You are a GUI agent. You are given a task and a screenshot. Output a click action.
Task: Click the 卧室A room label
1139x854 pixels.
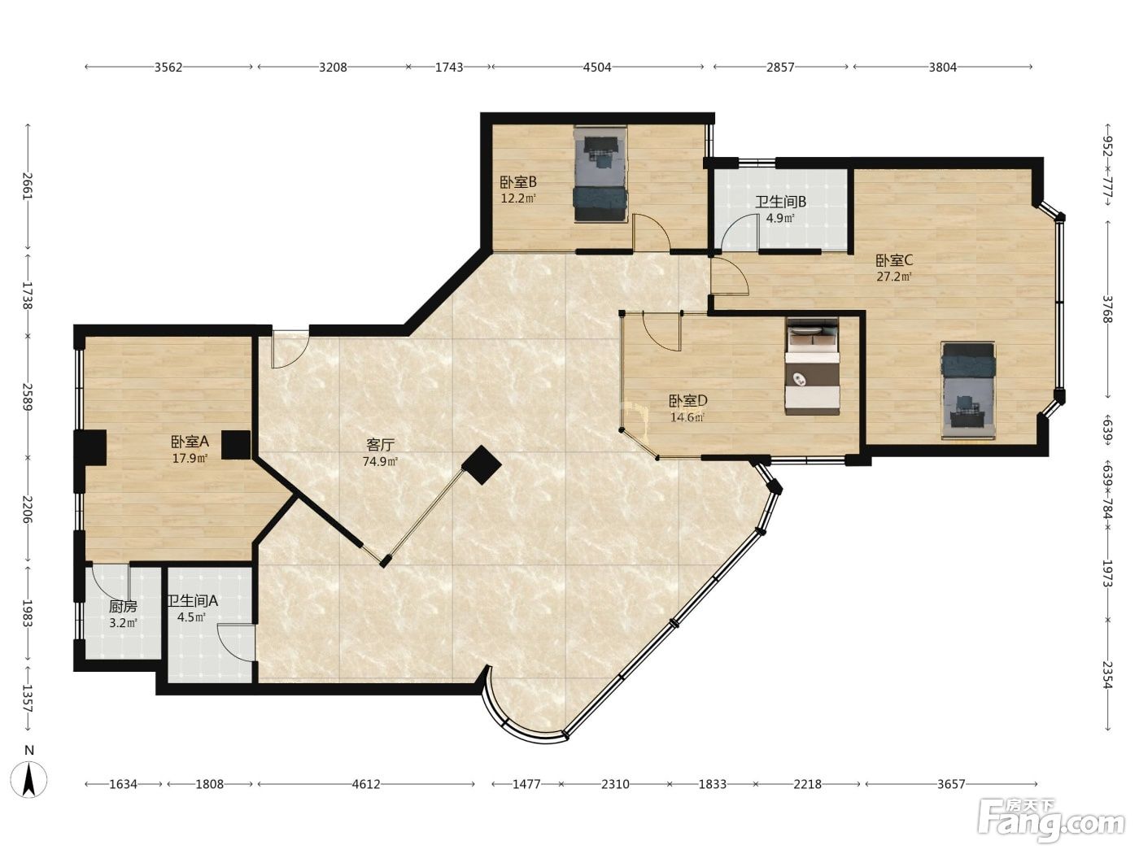[190, 442]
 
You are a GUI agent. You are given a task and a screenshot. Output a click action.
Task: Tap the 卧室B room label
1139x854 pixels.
[518, 182]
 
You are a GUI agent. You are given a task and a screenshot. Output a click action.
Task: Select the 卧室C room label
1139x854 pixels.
[894, 260]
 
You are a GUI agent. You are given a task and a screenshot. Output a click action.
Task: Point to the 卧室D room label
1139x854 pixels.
[687, 401]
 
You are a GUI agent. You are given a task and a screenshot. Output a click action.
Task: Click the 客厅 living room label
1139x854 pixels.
[381, 445]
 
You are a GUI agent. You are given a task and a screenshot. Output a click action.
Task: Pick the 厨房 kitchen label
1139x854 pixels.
[123, 606]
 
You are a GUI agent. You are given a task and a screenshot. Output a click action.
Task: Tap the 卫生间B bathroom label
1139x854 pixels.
[780, 202]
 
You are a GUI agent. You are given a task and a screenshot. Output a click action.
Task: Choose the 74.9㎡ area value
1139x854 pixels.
[381, 461]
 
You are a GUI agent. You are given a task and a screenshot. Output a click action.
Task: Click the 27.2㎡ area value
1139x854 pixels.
[894, 277]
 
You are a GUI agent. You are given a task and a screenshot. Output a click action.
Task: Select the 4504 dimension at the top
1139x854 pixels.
[597, 67]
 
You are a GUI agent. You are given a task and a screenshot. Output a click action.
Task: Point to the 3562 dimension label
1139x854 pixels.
[168, 67]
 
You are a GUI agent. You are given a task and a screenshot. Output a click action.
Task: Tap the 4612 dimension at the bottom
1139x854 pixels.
[366, 784]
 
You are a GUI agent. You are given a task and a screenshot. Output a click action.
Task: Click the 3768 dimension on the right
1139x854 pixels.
[1107, 309]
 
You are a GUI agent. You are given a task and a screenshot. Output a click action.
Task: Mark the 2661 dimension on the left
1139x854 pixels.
[28, 186]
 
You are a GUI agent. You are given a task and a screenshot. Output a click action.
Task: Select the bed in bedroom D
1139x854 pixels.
[812, 366]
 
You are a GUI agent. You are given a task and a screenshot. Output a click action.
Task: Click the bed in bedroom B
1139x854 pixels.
[600, 174]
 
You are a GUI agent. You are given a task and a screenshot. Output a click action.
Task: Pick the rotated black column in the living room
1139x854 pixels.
[482, 465]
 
